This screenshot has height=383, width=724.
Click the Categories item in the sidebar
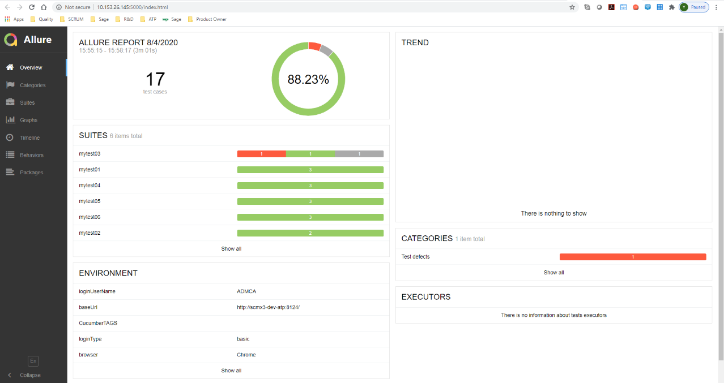32,85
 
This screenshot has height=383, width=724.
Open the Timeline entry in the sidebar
29,138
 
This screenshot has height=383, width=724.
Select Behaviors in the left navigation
31,155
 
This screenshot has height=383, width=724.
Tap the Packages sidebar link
31,173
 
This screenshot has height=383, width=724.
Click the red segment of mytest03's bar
261,154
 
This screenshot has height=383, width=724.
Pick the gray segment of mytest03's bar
359,154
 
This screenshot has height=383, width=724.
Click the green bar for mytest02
310,233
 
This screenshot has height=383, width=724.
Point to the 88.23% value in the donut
308,80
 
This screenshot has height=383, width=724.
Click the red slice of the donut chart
315,46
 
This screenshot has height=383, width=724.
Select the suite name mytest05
90,201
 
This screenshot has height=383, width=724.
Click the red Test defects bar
632,257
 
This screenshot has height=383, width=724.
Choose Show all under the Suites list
231,249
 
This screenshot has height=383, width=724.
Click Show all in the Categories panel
553,273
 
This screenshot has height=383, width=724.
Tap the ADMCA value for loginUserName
246,291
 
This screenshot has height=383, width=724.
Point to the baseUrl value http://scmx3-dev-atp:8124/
268,307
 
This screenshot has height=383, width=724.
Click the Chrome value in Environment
246,355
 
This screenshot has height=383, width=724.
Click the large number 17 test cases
155,80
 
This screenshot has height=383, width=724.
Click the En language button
33,361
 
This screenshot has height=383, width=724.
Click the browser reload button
31,7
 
